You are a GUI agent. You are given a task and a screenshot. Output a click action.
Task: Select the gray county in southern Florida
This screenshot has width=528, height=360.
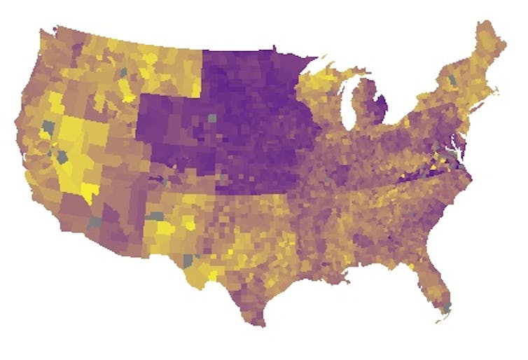tap(446, 307)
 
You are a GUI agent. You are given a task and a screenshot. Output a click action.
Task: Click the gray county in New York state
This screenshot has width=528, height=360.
tap(452, 81)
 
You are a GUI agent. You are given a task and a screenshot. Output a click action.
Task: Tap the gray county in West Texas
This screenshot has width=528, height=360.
tap(188, 260)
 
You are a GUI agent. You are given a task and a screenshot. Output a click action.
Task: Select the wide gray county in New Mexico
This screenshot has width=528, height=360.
tap(154, 216)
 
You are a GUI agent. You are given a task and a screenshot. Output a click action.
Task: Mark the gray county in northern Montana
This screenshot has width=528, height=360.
tap(123, 71)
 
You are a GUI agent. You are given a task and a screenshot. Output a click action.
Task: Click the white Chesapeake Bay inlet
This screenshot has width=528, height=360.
tap(460, 148)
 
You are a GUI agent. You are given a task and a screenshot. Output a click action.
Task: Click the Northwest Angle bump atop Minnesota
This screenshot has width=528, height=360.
tap(274, 49)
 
